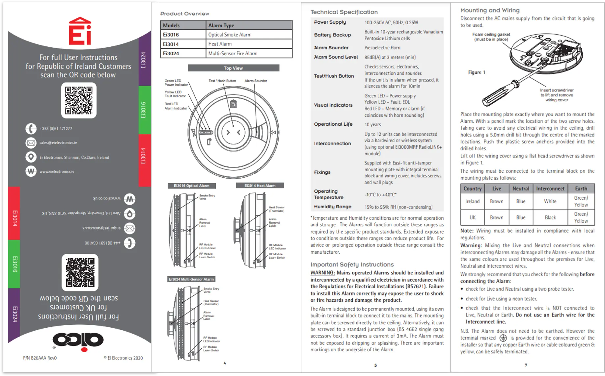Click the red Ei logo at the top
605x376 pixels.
[x=80, y=32]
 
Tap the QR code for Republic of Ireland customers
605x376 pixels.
[x=79, y=100]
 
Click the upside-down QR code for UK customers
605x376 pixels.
[x=80, y=272]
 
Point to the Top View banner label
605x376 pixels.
[x=233, y=68]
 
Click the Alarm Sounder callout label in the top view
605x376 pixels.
[x=256, y=81]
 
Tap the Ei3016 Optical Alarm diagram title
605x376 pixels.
[x=192, y=186]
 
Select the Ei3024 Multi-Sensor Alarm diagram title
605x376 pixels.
[x=191, y=279]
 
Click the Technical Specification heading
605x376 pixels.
[x=344, y=12]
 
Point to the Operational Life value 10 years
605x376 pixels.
[x=372, y=125]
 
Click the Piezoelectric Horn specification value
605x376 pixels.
[x=382, y=48]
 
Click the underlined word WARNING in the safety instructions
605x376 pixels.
[x=322, y=273]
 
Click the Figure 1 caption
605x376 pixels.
[x=476, y=72]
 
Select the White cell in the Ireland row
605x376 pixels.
[x=550, y=201]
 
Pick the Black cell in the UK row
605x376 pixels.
[x=550, y=217]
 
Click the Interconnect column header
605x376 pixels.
[x=550, y=188]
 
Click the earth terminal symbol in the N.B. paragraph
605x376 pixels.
[x=503, y=338]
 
